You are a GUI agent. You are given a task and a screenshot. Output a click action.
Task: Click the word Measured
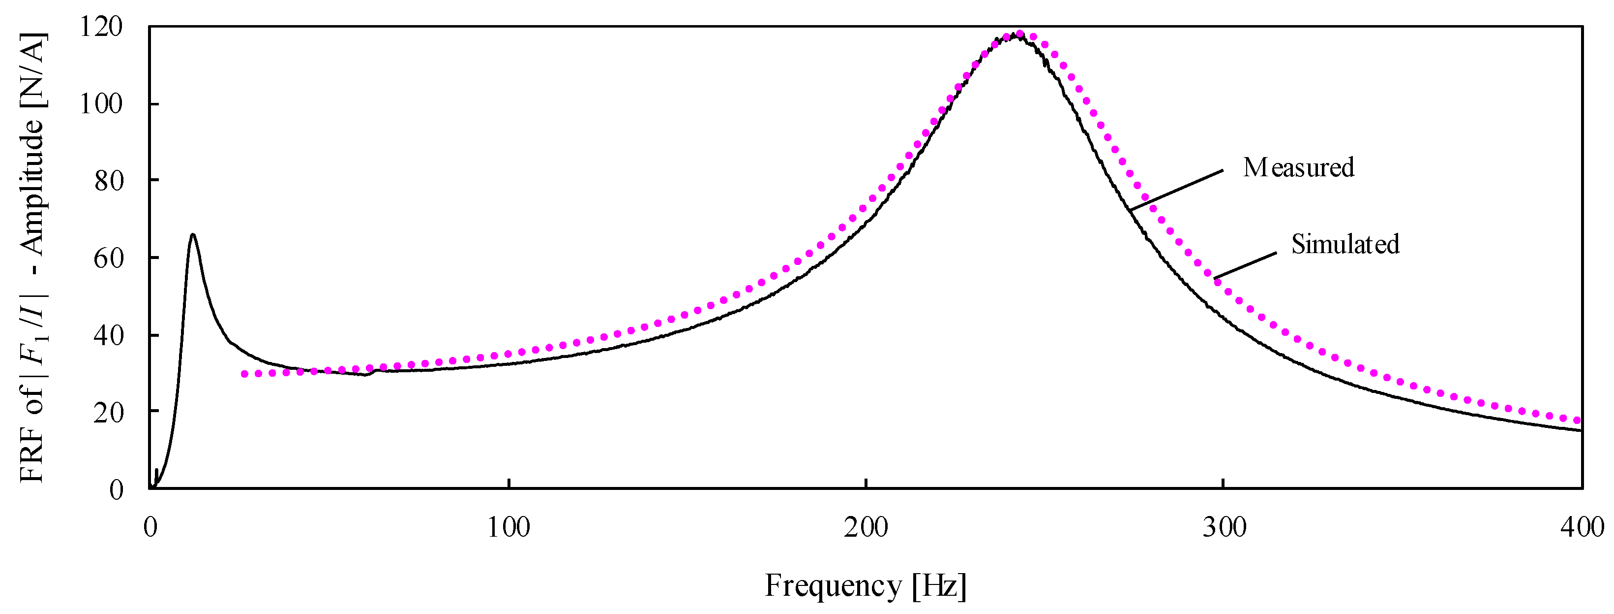(x=1298, y=167)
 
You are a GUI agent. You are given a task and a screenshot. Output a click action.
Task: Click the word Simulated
(x=1345, y=244)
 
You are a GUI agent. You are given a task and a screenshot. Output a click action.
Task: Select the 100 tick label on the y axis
(x=101, y=103)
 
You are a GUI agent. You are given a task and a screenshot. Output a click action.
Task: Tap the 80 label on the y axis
(x=108, y=181)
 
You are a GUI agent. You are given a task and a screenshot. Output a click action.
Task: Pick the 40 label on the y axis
(x=108, y=335)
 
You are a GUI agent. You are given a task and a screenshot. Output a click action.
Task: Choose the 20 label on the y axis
(x=108, y=412)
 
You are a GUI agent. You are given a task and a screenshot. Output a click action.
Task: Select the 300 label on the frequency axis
(x=1224, y=527)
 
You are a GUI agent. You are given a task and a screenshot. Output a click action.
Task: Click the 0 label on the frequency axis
(x=150, y=527)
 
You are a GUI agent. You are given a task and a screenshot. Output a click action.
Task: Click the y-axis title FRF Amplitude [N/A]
(x=32, y=257)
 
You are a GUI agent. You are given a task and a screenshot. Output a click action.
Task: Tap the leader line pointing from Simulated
(x=1245, y=265)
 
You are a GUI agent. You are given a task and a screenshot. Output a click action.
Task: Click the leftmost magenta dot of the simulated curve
(x=244, y=374)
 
